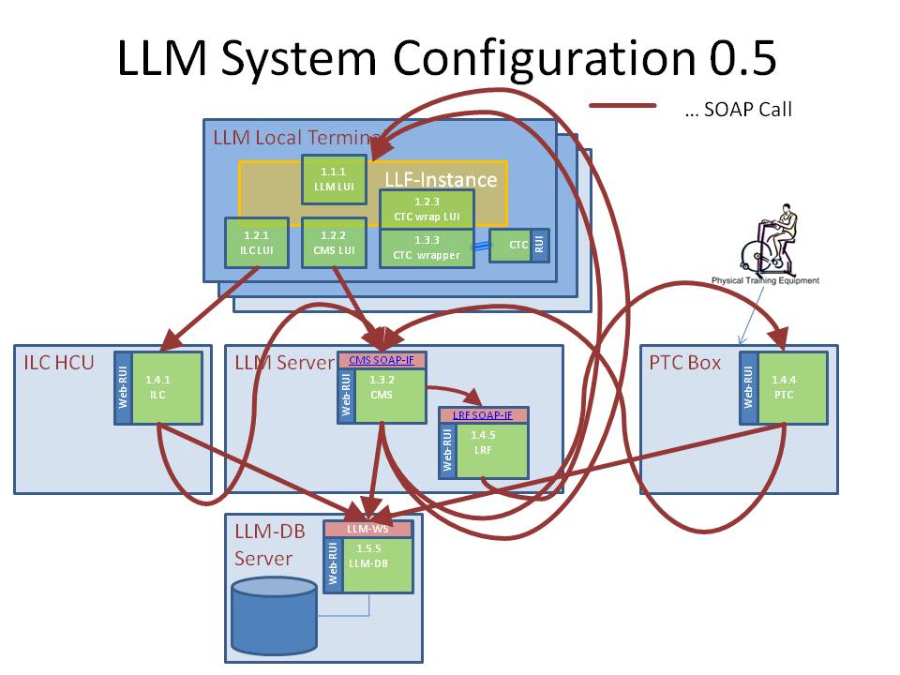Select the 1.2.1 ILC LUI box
255,243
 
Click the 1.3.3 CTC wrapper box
427,248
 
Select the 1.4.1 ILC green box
167,388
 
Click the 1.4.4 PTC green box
791,388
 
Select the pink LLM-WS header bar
368,530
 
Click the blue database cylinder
274,616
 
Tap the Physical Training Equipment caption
765,280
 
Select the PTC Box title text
684,362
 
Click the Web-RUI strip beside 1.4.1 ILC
122,388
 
